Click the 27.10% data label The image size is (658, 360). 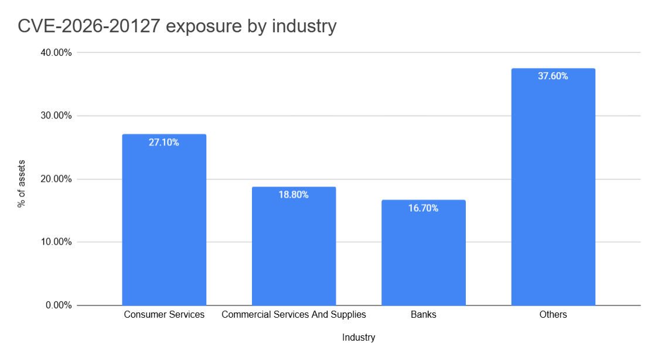click(x=164, y=142)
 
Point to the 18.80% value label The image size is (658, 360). click(x=294, y=195)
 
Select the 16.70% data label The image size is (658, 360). click(x=423, y=208)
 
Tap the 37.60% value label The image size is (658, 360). click(x=553, y=76)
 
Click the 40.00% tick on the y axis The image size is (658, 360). click(x=56, y=53)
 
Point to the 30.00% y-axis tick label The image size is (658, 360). click(x=56, y=116)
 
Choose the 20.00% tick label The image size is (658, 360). click(x=56, y=179)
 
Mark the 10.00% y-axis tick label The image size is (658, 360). click(x=56, y=242)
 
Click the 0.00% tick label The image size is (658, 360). click(x=59, y=305)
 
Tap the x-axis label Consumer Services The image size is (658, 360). click(x=164, y=315)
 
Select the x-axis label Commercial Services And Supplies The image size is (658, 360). click(x=294, y=315)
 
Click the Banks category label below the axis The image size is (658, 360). click(x=423, y=315)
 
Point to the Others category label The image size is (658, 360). click(x=553, y=315)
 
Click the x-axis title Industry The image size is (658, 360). click(x=359, y=338)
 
